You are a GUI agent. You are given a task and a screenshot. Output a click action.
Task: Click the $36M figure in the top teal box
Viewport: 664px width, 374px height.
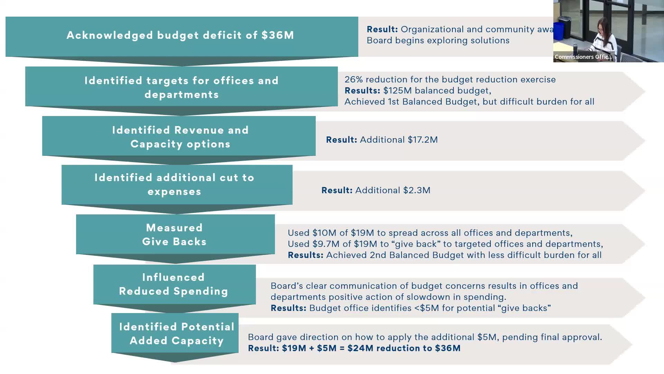pyautogui.click(x=278, y=35)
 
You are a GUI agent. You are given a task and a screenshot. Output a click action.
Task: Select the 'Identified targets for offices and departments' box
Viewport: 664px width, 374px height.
pyautogui.click(x=182, y=87)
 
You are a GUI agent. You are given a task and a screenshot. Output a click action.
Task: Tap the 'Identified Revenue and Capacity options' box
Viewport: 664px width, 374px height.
pyautogui.click(x=180, y=137)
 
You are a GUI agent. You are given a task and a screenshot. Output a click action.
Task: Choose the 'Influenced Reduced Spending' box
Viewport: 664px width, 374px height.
pyautogui.click(x=174, y=284)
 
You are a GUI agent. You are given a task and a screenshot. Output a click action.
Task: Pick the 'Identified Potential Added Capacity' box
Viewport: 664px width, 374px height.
pyautogui.click(x=176, y=333)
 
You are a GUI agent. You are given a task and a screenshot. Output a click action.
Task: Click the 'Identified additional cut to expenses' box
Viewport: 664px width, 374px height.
pyautogui.click(x=175, y=185)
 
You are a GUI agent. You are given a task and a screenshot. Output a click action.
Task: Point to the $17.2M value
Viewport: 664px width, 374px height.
pyautogui.click(x=423, y=140)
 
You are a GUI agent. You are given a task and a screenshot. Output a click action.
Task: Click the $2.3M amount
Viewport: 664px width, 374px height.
pyautogui.click(x=417, y=190)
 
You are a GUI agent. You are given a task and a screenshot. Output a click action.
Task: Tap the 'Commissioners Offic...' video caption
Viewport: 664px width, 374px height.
pyautogui.click(x=583, y=57)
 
